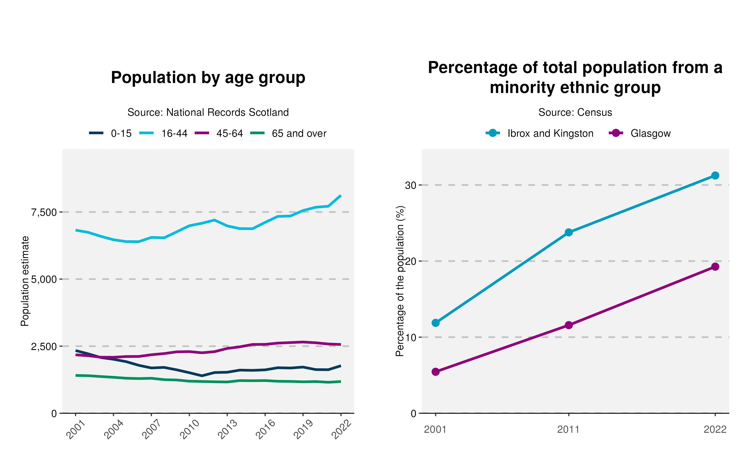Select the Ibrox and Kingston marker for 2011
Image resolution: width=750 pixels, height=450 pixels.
(569, 232)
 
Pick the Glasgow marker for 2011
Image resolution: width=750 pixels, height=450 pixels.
(569, 325)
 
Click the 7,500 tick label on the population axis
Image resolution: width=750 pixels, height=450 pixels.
(44, 212)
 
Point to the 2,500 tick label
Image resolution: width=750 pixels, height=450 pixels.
(44, 346)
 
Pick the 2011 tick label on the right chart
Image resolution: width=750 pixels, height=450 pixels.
(568, 430)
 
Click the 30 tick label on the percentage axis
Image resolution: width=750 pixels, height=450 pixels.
(410, 185)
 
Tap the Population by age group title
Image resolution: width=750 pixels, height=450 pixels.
(208, 78)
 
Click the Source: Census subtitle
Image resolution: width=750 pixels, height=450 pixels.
(575, 112)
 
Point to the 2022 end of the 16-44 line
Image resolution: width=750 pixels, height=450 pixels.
(341, 196)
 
